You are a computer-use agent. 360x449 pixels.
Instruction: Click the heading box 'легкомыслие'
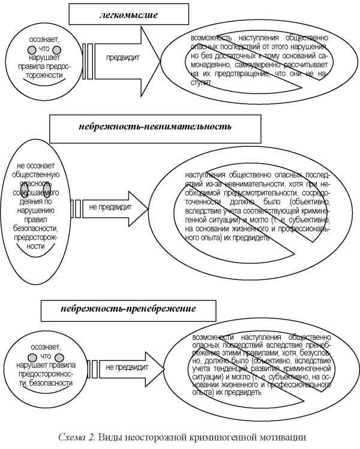tap(128, 14)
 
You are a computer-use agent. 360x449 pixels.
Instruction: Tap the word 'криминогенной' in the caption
tap(222, 436)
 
